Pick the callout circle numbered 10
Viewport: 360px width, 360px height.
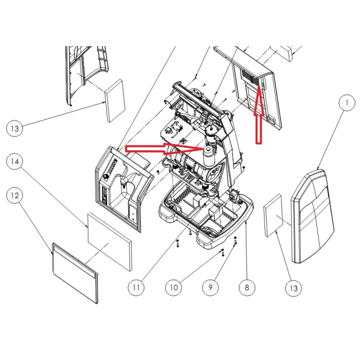tap(173, 287)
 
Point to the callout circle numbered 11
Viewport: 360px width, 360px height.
tap(136, 287)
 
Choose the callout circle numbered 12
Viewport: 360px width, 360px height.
tap(14, 196)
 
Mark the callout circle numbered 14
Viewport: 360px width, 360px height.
tap(14, 161)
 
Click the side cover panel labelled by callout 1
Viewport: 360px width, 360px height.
tap(315, 216)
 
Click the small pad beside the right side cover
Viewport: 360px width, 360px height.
tap(273, 218)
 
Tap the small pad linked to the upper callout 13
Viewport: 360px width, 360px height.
tap(115, 100)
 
